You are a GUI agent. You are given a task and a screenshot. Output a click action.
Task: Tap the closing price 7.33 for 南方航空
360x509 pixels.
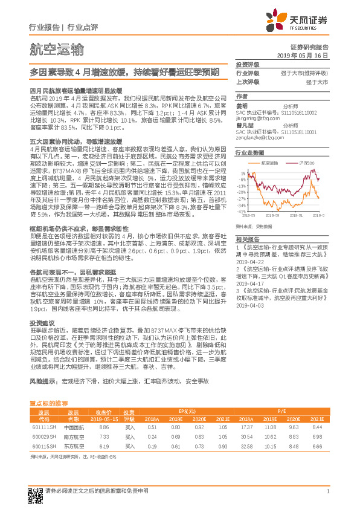(103, 419)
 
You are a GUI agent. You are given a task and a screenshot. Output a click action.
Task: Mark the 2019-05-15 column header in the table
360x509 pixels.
(103, 401)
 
